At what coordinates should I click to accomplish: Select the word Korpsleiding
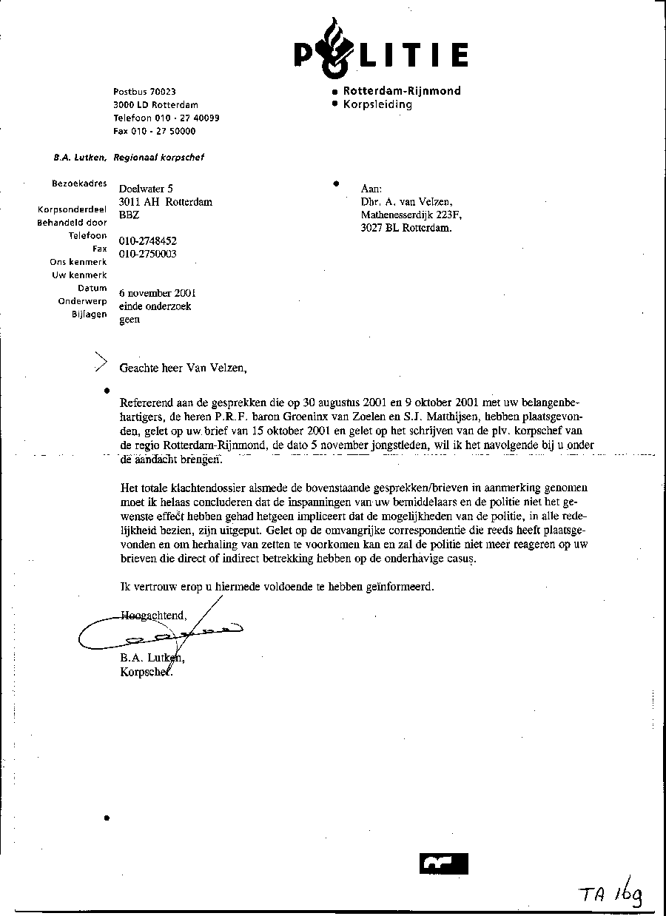click(x=377, y=104)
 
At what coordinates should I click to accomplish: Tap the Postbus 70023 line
click(x=144, y=92)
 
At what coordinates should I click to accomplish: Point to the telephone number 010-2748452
click(x=148, y=241)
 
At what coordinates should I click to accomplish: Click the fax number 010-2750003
click(x=148, y=254)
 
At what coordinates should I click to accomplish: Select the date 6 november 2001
click(x=158, y=293)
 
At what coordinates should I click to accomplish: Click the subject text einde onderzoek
click(x=155, y=306)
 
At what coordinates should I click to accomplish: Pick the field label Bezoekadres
click(x=79, y=183)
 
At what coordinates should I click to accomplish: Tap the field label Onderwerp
click(x=82, y=301)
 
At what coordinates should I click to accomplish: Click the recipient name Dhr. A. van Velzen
click(x=406, y=202)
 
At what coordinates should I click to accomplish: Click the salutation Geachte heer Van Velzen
click(x=182, y=367)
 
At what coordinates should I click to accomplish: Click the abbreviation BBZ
click(x=129, y=215)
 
